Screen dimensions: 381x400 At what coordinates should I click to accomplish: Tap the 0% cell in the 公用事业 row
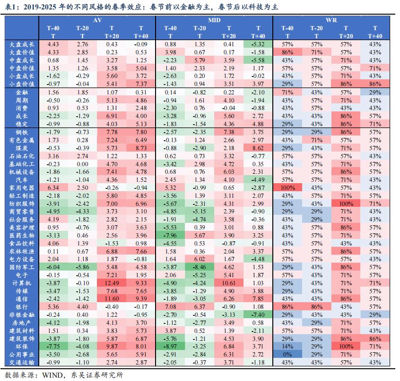click(287, 355)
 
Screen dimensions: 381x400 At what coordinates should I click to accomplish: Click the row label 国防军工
click(22, 267)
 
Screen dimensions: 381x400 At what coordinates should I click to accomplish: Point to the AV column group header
click(97, 20)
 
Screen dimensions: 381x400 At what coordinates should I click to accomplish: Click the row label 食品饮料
click(22, 243)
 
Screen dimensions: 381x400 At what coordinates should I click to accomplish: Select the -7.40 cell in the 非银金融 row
click(258, 315)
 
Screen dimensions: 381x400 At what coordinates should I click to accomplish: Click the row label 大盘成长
click(22, 44)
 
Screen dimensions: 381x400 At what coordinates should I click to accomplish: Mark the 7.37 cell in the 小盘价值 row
click(140, 84)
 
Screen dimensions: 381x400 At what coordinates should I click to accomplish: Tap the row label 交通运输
click(22, 363)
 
